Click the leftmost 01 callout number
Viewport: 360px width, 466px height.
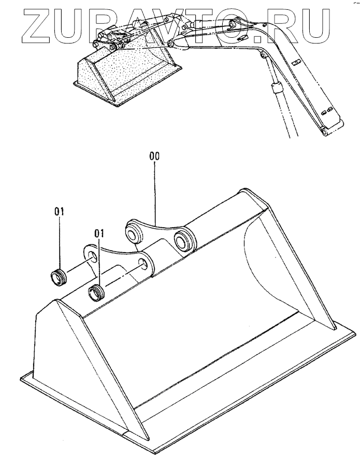tap(60, 211)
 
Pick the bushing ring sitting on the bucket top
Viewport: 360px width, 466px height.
tap(96, 293)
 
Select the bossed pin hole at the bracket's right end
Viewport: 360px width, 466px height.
tap(183, 240)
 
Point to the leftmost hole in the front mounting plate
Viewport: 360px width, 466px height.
tap(91, 257)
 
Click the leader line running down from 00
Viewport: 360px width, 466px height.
tap(155, 192)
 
